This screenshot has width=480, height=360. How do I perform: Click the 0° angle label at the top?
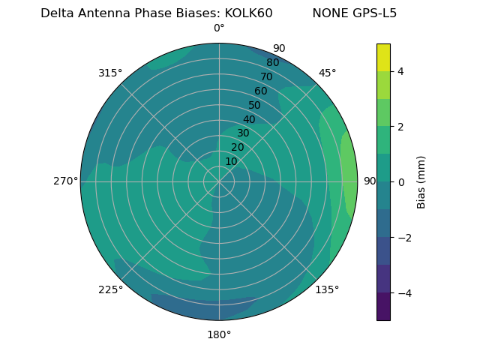pos(219,28)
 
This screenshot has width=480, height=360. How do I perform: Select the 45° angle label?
pos(327,73)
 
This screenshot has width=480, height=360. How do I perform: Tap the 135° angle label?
pos(327,289)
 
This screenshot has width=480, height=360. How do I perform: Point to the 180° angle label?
pos(219,334)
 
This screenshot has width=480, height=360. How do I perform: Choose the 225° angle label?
pos(110,289)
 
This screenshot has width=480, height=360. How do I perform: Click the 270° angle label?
pos(65,181)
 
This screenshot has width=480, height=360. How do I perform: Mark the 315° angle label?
pos(110,73)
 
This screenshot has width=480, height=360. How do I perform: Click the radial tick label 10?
pos(231,161)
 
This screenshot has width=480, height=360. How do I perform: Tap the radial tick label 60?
pos(261,91)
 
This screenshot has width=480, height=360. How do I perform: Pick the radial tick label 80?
pos(272,63)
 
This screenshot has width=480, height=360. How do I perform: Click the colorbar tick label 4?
pos(400,71)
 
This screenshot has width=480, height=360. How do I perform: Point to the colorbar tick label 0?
pos(400,182)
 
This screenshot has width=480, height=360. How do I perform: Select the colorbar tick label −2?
pos(403,238)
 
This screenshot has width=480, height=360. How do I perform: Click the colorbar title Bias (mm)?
pos(421,181)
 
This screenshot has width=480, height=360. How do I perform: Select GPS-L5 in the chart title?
pos(373,13)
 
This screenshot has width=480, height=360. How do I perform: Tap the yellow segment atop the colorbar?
pos(383,57)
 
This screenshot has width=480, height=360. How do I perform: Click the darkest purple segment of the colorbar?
pos(383,306)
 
